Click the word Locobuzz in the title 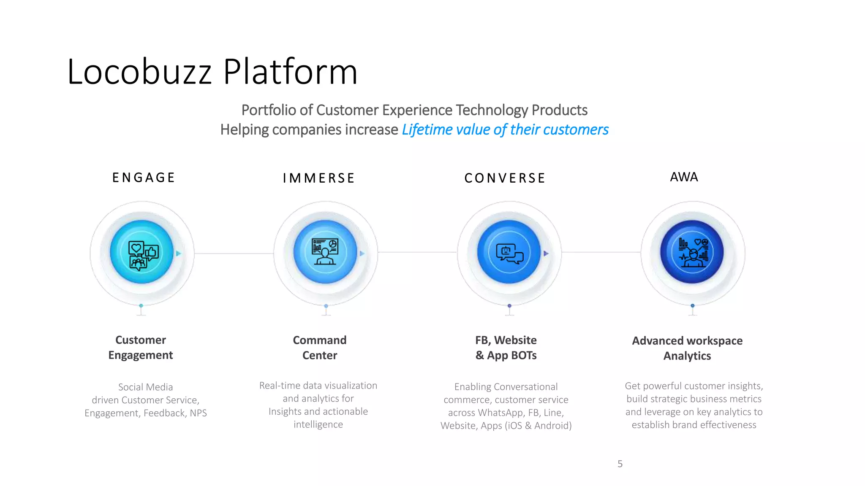click(x=139, y=72)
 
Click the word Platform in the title click(x=290, y=72)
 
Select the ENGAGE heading click(x=144, y=178)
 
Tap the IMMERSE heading click(x=319, y=178)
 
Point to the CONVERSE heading click(x=505, y=178)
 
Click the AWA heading click(x=684, y=177)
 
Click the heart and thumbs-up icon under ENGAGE click(x=142, y=254)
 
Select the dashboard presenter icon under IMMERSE click(x=325, y=252)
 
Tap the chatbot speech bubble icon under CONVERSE click(x=509, y=253)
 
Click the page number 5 click(x=620, y=464)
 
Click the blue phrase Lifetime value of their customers click(x=505, y=130)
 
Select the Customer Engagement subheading click(x=141, y=347)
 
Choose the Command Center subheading click(x=320, y=348)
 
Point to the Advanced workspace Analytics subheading click(x=687, y=348)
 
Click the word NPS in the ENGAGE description click(x=198, y=413)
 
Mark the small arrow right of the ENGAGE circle click(x=179, y=254)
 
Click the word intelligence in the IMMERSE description click(x=318, y=424)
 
